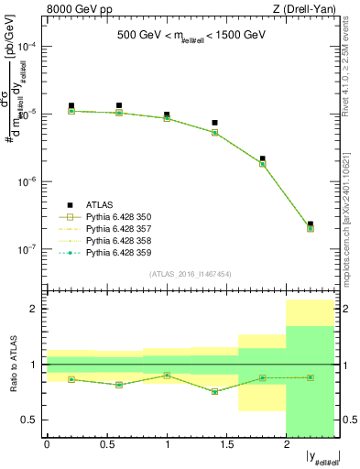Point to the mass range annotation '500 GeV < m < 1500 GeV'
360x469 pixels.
tap(191, 36)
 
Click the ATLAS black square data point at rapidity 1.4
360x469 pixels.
tap(214, 123)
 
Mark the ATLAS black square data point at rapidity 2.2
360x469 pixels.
tap(311, 224)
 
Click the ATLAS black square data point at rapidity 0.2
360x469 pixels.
tap(71, 106)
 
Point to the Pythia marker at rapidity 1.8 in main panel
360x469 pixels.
tap(263, 164)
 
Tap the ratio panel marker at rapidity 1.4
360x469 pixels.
tap(214, 391)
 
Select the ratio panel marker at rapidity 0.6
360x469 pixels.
tap(119, 385)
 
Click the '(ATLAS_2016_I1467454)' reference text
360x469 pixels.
tap(191, 274)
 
